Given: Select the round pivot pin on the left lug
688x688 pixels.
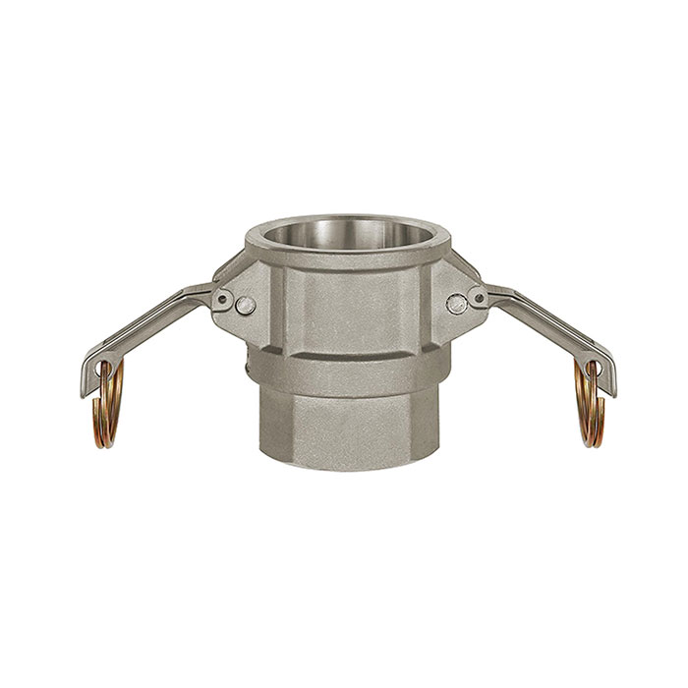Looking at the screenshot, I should point(247,306).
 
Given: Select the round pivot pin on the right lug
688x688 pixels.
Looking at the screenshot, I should point(455,304).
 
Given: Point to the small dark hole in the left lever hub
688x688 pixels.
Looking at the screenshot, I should point(226,298).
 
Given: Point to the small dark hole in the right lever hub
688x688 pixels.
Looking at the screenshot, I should point(475,296).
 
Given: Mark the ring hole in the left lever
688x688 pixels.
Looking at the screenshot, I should point(102,371).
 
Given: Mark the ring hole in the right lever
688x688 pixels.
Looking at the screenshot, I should point(592,371).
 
